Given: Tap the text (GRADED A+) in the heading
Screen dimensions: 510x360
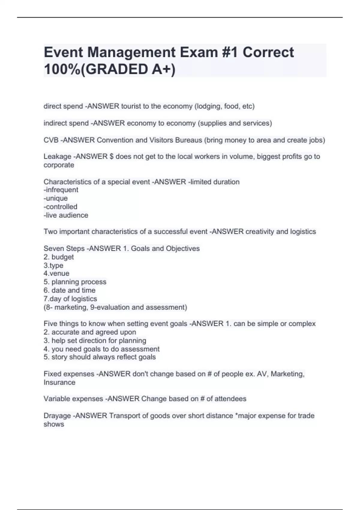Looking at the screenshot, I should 128,69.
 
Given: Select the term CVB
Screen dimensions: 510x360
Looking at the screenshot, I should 51,140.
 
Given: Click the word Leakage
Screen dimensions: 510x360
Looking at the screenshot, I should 57,157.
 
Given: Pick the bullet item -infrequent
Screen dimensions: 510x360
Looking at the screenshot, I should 61,190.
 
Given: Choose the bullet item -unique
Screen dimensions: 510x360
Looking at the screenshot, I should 55,198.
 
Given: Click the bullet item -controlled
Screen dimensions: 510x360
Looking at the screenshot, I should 60,207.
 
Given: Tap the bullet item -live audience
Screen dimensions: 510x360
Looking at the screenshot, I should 66,215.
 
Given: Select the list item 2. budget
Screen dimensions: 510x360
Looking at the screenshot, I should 58,257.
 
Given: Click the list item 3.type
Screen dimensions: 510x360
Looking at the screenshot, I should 53,265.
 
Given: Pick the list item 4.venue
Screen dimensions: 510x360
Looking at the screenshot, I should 56,274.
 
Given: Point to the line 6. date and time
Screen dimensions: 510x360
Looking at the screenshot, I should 69,290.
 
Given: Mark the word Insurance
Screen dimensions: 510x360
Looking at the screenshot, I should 59,382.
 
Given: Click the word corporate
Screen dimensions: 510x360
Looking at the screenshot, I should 59,165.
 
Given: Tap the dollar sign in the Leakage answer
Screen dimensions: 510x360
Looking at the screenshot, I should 112,157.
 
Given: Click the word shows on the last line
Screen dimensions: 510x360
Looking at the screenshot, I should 54,424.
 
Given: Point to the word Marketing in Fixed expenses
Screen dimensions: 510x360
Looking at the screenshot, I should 287,374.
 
